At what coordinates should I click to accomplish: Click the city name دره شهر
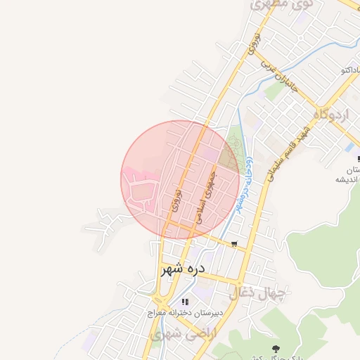182,269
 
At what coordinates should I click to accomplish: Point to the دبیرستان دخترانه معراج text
188,313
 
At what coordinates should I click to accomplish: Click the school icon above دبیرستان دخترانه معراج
185,302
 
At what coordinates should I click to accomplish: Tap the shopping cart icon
233,245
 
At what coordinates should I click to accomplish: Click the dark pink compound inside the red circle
145,193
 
